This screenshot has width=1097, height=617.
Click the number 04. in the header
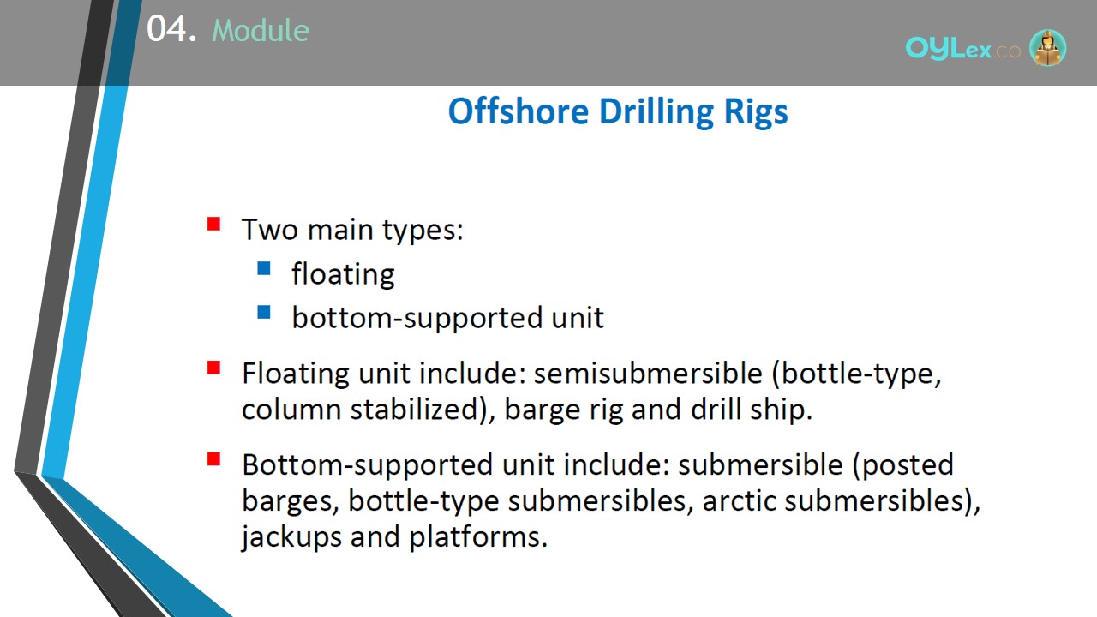171,28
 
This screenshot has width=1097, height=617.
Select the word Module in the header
261,30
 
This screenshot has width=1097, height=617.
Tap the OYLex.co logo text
962,49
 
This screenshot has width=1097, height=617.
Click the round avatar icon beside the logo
1047,47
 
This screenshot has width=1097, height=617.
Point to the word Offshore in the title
519,111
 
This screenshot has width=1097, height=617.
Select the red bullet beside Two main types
213,224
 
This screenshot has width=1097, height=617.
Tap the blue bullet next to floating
263,268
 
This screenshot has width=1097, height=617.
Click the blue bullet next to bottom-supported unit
263,312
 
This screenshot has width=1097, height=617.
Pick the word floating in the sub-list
343,274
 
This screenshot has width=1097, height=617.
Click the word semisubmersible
648,373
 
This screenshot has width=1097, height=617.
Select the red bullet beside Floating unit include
213,368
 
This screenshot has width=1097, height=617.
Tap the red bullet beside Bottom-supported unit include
213,459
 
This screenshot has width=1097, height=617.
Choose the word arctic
739,501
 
